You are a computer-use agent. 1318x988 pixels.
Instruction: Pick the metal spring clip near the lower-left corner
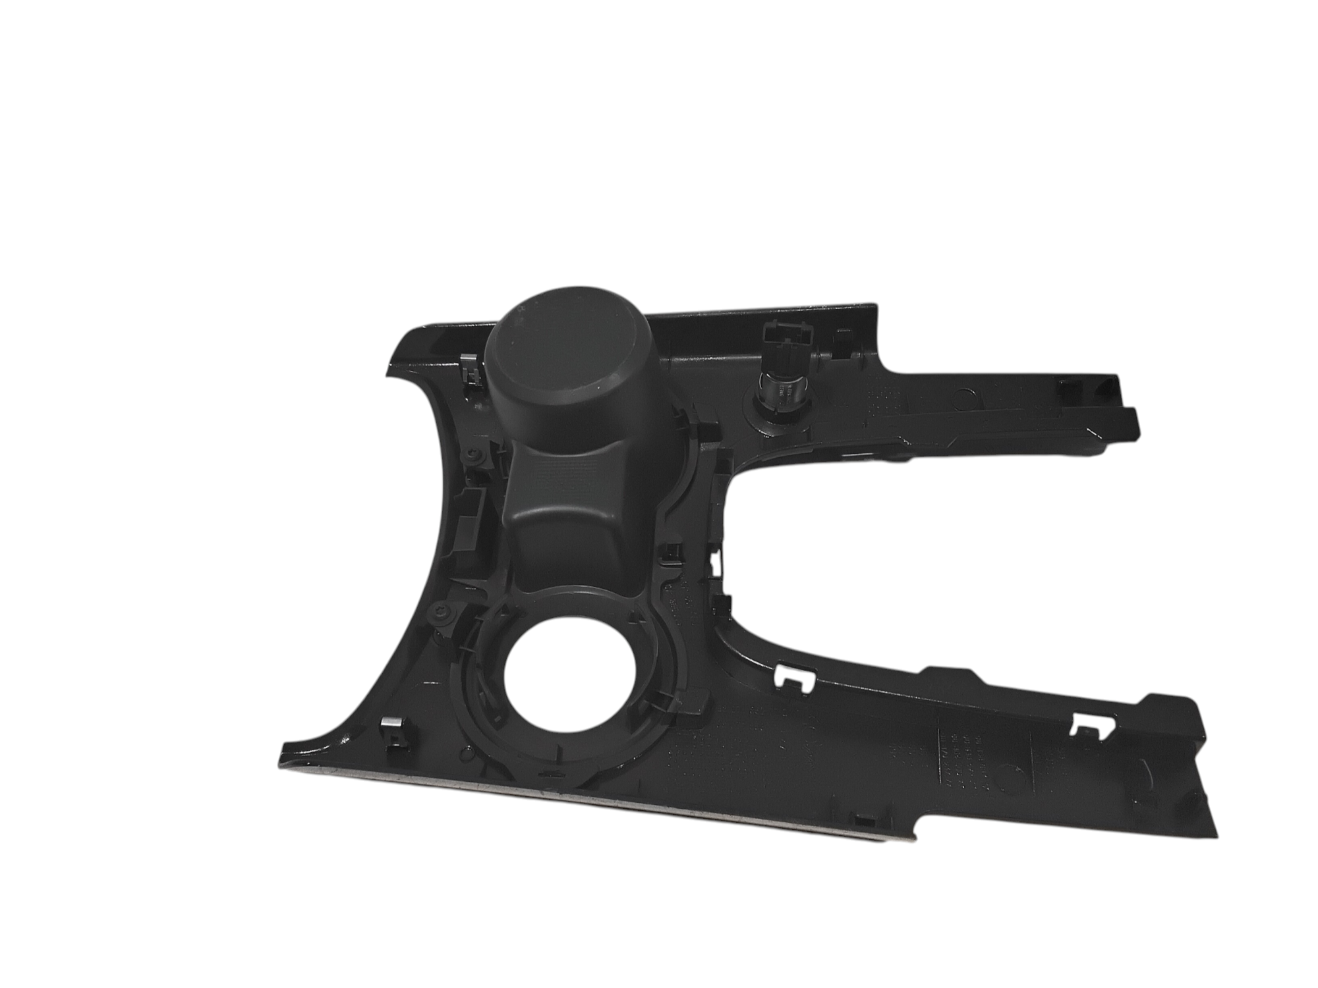[392, 732]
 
